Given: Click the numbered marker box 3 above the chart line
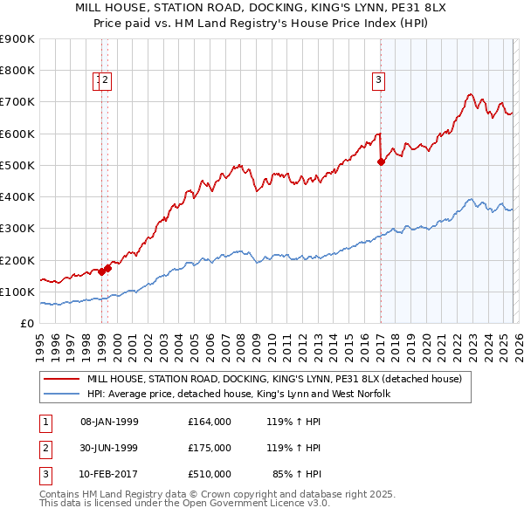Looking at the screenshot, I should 379,81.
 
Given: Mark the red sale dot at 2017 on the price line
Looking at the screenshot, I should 381,161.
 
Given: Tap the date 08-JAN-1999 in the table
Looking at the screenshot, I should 109,422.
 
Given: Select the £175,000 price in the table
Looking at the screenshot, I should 210,448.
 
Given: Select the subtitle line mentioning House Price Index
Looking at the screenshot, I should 261,24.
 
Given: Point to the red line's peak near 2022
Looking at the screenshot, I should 470,94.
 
